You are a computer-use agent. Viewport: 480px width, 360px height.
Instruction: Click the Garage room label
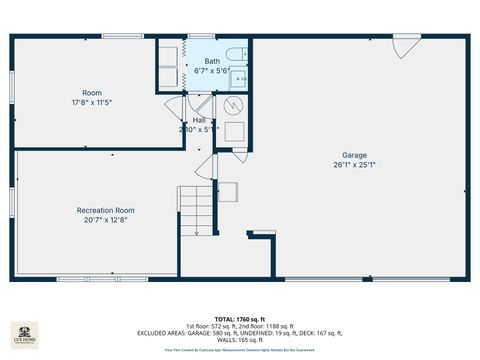[x=354, y=155]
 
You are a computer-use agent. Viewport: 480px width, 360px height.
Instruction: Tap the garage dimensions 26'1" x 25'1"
[x=354, y=165]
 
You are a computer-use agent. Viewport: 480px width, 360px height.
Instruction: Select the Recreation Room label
[x=105, y=210]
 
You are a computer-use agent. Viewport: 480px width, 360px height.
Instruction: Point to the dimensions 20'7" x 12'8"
[x=105, y=220]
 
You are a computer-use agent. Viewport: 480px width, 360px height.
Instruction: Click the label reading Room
[x=91, y=93]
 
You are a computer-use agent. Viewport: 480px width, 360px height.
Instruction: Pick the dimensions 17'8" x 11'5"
[x=91, y=103]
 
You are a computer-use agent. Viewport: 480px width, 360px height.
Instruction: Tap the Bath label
[x=212, y=62]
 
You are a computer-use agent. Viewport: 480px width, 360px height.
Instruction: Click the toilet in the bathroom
[x=232, y=54]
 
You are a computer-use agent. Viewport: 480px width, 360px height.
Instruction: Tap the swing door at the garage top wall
[x=406, y=46]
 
